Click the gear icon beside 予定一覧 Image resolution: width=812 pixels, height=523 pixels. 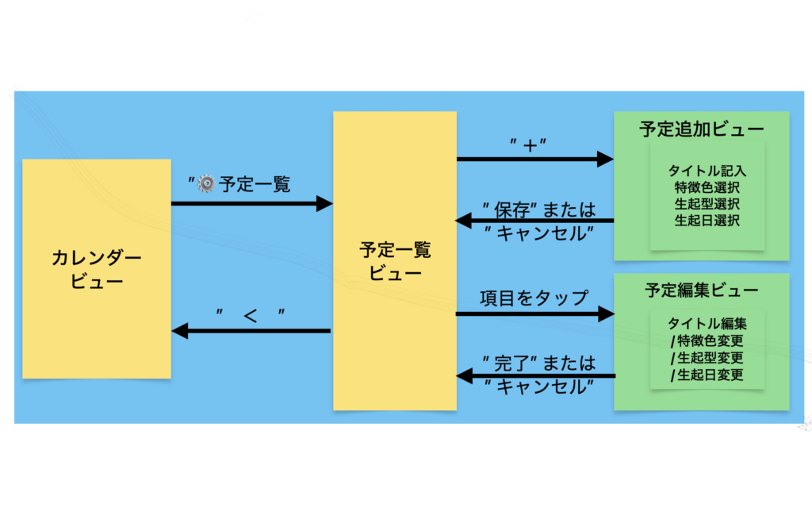[x=206, y=184]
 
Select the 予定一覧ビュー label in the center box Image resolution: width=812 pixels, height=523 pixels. [x=395, y=261]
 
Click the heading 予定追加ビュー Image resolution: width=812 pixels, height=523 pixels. [x=702, y=129]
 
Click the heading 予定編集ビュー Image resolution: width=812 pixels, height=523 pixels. [x=702, y=290]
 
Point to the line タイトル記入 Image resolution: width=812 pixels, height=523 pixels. [x=707, y=171]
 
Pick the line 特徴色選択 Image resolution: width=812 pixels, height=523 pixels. [x=707, y=187]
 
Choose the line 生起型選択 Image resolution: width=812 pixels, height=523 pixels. [x=707, y=204]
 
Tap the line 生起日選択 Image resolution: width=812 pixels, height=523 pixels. [x=707, y=221]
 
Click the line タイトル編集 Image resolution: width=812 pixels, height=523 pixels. [x=707, y=324]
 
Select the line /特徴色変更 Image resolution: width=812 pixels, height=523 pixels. [x=707, y=341]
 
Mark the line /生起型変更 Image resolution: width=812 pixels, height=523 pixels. [x=707, y=358]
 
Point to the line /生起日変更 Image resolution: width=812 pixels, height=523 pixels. [x=707, y=375]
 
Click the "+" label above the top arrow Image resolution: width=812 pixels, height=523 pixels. [x=530, y=145]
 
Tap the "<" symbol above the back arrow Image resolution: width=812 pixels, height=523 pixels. [x=251, y=315]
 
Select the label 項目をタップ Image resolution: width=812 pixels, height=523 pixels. [x=534, y=298]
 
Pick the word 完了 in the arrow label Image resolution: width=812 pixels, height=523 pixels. [x=512, y=363]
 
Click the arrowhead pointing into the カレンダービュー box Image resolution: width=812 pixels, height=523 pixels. [x=180, y=330]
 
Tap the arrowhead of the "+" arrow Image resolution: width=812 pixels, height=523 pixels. [x=606, y=160]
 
